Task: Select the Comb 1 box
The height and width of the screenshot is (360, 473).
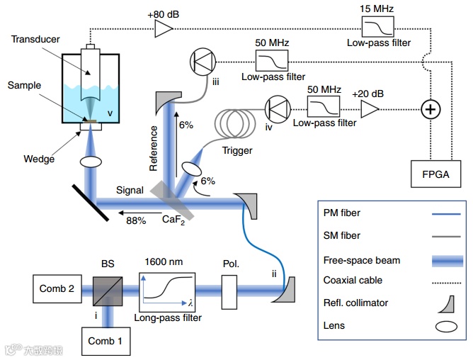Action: (106, 341)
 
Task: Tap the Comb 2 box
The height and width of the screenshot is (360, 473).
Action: (56, 289)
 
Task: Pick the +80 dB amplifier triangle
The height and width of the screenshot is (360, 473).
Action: (163, 28)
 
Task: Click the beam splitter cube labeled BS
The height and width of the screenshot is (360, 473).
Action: (106, 290)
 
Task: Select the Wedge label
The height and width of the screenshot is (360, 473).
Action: (39, 159)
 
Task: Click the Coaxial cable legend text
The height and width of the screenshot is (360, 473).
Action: (352, 281)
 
